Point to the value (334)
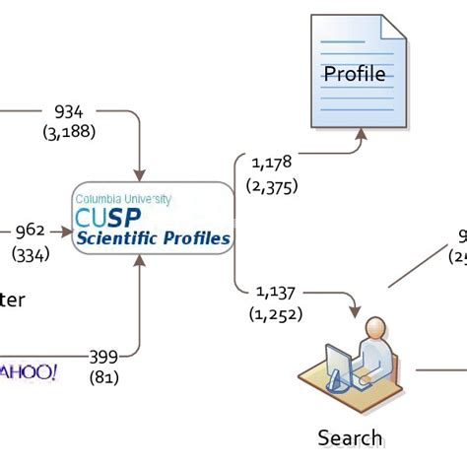click(x=31, y=255)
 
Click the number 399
click(x=103, y=356)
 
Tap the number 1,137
click(x=277, y=291)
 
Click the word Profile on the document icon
click(x=355, y=74)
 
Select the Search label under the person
click(x=350, y=436)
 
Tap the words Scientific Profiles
click(x=154, y=238)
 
